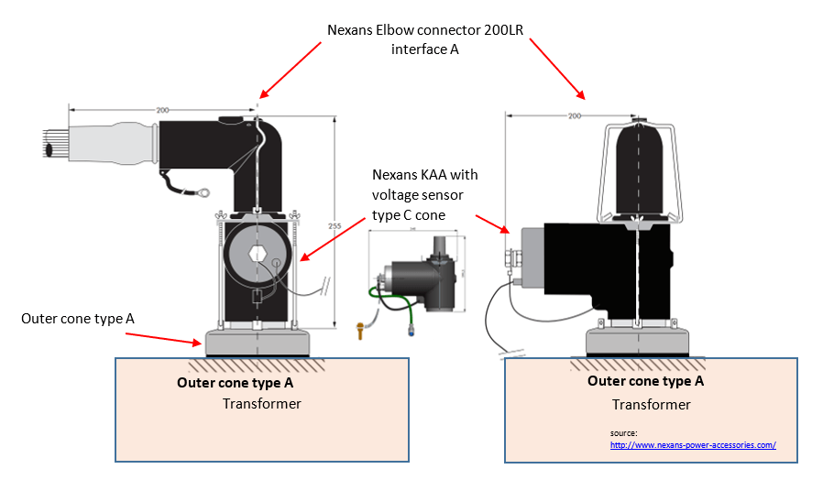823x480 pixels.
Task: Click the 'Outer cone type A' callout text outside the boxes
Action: (x=77, y=318)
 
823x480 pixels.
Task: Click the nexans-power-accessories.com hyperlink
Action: (x=693, y=445)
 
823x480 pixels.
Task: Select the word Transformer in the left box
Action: (x=261, y=404)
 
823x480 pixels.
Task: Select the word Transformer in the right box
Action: (x=651, y=404)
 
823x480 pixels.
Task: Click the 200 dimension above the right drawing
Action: (x=575, y=116)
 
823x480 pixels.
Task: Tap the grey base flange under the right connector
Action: (x=636, y=343)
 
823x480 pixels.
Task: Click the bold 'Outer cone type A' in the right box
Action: (x=645, y=381)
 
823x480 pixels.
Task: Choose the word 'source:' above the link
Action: (x=623, y=432)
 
